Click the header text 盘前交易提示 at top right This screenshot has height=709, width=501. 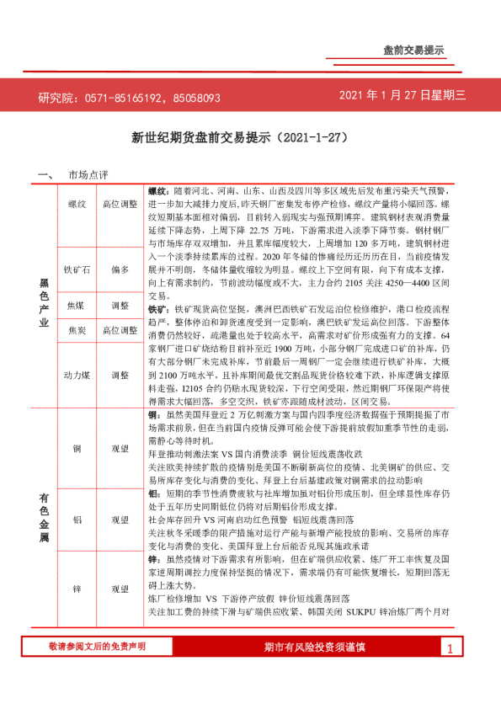pos(413,50)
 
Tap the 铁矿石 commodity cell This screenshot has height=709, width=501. pos(77,269)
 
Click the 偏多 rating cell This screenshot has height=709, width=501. pos(120,269)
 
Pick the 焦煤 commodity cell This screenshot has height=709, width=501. pos(77,305)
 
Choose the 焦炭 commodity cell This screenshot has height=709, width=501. pos(77,331)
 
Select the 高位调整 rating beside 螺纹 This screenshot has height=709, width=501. pos(120,204)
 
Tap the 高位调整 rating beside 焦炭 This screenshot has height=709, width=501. pos(120,331)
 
